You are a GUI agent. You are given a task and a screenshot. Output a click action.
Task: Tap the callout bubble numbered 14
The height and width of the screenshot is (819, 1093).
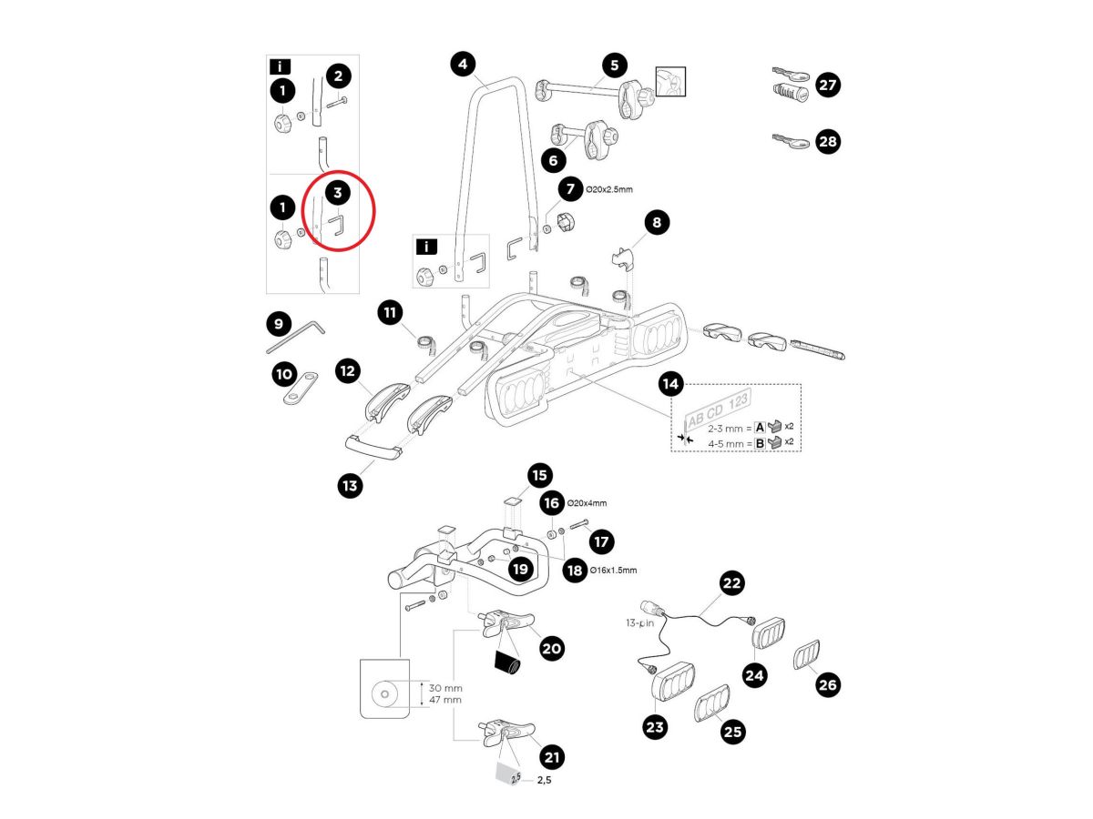click(670, 385)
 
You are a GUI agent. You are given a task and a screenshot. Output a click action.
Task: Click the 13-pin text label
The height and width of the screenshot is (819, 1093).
click(641, 623)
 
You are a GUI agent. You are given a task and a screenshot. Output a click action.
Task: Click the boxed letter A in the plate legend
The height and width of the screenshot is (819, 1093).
click(760, 427)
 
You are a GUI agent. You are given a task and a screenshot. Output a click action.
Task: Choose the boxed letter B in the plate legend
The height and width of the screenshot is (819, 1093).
click(760, 444)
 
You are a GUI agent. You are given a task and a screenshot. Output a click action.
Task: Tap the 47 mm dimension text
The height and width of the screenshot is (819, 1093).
click(446, 700)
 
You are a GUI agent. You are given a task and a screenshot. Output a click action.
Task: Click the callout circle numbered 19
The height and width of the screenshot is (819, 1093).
click(520, 569)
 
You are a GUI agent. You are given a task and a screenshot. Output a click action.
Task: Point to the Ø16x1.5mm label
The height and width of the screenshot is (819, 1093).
click(614, 571)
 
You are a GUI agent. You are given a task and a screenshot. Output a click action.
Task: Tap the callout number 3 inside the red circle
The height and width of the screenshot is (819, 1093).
click(338, 193)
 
